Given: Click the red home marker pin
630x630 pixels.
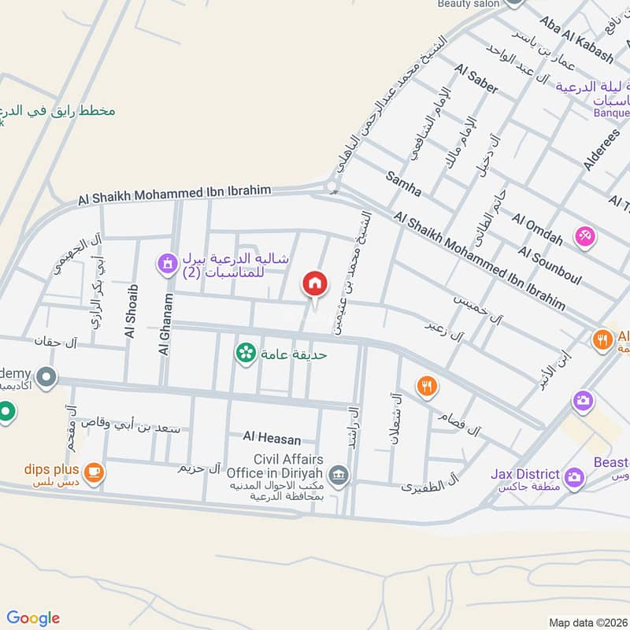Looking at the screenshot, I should pos(314,284).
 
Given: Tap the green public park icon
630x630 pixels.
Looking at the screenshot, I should pos(246,353).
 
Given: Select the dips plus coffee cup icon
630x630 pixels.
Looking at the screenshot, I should pos(94,472).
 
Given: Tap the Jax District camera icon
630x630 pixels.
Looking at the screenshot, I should pos(574,476).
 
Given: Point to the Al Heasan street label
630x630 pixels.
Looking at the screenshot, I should pos(272,436).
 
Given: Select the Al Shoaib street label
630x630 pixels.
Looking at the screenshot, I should pos(132,311).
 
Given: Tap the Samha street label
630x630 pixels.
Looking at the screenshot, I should pos(403,182).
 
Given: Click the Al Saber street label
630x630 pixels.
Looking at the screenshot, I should pos(476,80).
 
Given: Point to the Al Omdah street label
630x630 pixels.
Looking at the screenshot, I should pos(537,228).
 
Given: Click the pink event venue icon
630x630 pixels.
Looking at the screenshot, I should pos(584,235).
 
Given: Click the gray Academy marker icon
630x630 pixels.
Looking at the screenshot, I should pos(46,378).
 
